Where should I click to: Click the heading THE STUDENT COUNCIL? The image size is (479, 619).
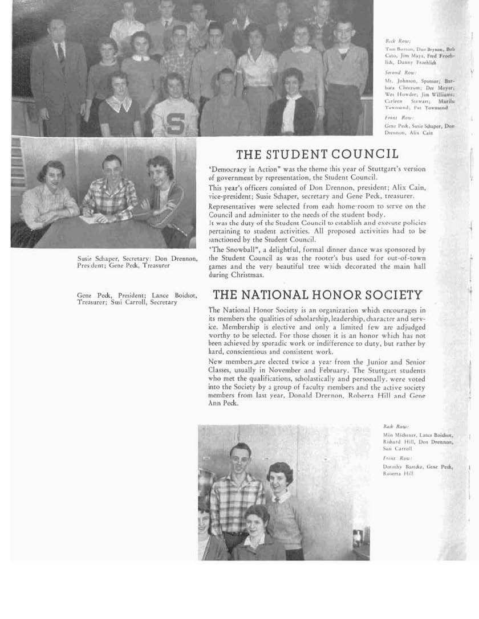point(317,154)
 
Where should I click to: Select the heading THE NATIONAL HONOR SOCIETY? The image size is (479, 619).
point(318,295)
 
